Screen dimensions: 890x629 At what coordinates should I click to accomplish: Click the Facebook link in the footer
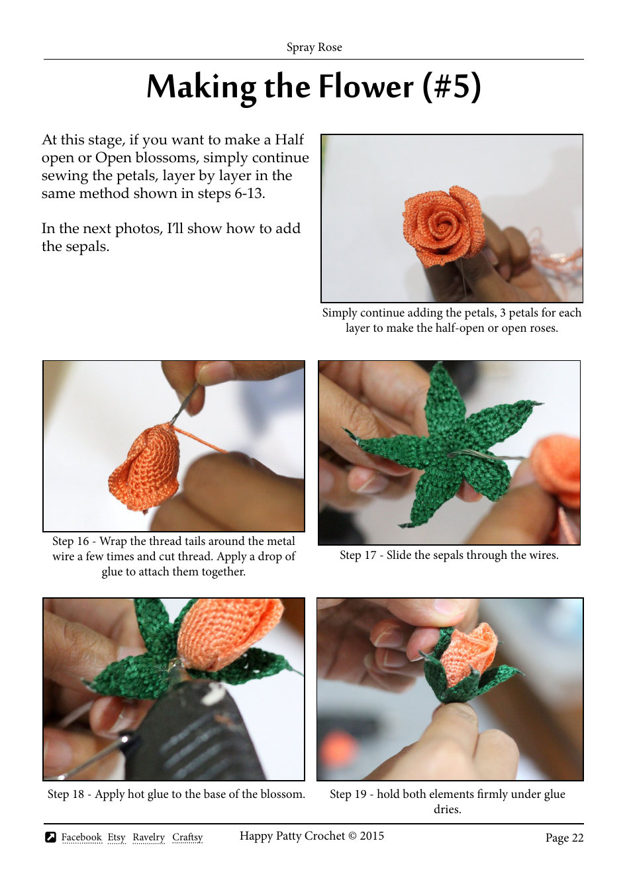[x=81, y=837]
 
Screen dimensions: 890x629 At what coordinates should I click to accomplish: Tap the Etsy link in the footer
[x=117, y=837]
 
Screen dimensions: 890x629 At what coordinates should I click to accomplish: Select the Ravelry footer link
[x=148, y=837]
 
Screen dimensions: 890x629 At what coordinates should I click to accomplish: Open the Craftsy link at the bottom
[x=187, y=837]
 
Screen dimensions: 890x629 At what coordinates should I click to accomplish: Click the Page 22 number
[x=564, y=838]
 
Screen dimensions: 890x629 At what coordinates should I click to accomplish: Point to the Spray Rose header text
[x=314, y=47]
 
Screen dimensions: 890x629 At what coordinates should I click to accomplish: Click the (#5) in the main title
[x=452, y=87]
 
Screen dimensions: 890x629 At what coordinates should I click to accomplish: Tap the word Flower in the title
[x=366, y=87]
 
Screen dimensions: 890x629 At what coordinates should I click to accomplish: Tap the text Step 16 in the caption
[x=70, y=541]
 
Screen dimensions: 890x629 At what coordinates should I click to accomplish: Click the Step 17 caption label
[x=358, y=555]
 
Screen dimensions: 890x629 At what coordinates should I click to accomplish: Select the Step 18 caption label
[x=66, y=794]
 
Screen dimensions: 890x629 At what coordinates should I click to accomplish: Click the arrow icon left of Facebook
[x=50, y=837]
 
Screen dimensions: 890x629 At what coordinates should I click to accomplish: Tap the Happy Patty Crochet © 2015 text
[x=311, y=836]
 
